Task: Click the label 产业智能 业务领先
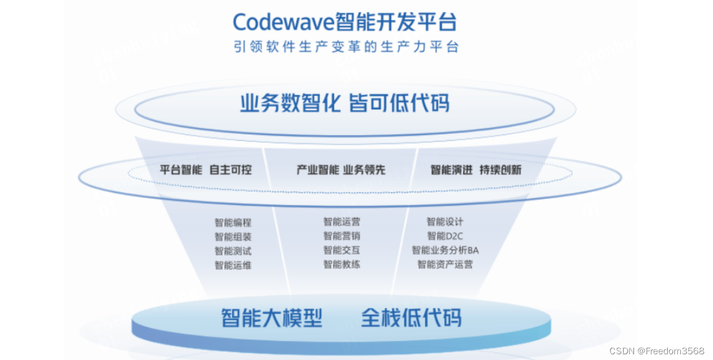(x=340, y=170)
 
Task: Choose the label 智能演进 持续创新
(x=476, y=170)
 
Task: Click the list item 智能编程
(x=233, y=223)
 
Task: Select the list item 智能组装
(x=233, y=237)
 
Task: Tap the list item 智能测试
(x=233, y=251)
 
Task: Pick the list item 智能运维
(x=233, y=266)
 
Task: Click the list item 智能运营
(x=342, y=221)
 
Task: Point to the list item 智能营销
(x=342, y=236)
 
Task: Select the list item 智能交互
(x=342, y=250)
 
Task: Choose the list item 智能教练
(x=342, y=264)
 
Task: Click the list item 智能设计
(x=445, y=221)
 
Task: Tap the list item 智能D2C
(x=445, y=236)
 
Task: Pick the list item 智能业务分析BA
(x=445, y=250)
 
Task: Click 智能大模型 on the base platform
(x=272, y=318)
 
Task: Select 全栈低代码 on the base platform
(x=410, y=318)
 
